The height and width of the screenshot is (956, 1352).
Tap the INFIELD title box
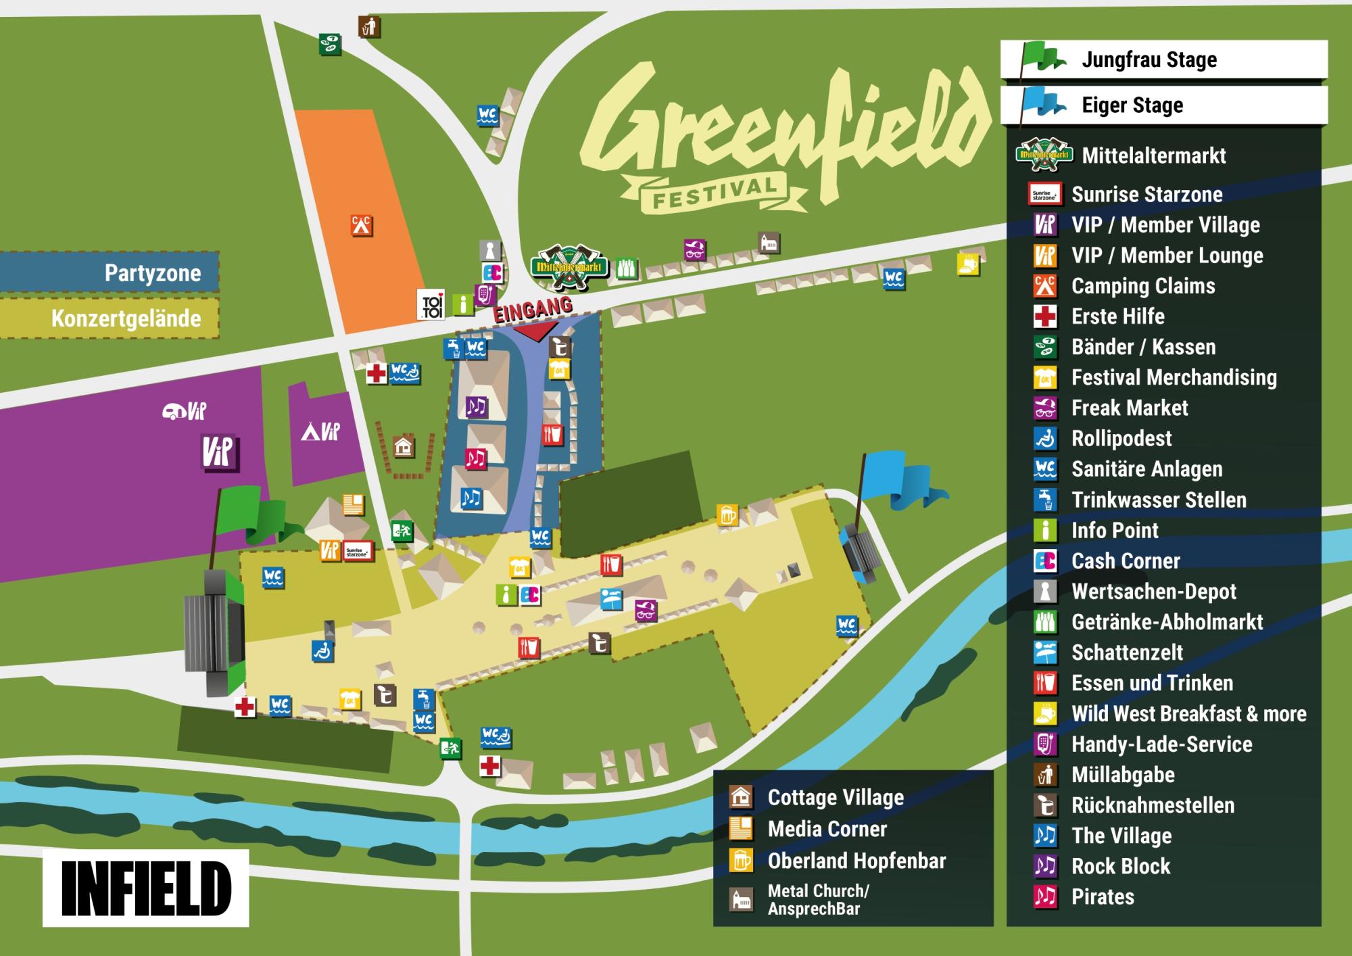(146, 888)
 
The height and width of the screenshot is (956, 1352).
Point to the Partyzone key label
(152, 273)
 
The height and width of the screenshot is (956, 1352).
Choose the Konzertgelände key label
(126, 318)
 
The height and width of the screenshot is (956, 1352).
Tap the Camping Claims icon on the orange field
(362, 225)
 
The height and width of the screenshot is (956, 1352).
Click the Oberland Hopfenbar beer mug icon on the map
(727, 515)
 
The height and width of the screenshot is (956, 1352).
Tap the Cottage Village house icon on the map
(404, 447)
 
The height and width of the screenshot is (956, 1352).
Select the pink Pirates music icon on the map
(475, 458)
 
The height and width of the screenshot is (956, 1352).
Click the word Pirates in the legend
(1103, 897)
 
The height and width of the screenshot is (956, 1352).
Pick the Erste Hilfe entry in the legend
(1118, 316)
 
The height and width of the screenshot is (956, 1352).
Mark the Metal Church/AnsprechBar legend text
(818, 899)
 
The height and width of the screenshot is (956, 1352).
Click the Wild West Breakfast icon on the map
(968, 264)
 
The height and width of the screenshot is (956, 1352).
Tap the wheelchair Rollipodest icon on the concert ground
(322, 651)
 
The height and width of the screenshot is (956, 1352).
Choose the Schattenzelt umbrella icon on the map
(611, 600)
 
